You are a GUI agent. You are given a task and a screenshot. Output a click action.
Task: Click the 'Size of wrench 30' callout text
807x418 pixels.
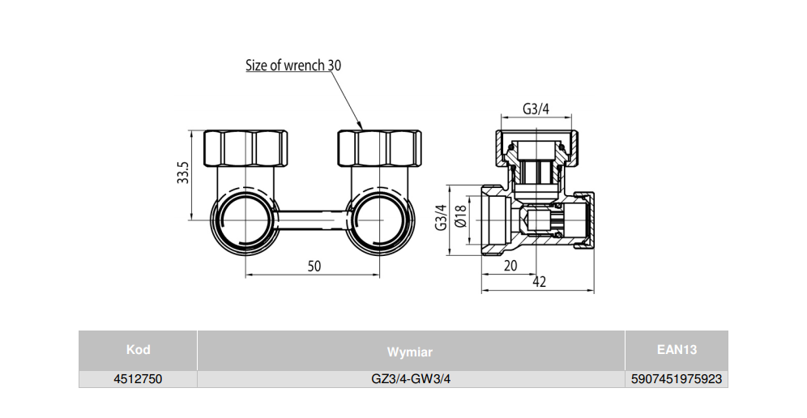(293, 66)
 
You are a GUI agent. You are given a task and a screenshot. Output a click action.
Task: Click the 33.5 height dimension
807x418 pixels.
(183, 174)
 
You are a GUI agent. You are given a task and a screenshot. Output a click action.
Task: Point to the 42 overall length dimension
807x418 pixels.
(539, 281)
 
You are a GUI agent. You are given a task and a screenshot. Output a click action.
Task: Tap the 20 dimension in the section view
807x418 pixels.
(510, 266)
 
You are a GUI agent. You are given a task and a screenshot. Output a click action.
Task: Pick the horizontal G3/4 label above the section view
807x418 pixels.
(536, 109)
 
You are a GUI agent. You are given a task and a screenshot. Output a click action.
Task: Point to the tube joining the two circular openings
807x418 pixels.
(312, 219)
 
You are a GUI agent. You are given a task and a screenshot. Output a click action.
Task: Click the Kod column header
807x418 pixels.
(138, 350)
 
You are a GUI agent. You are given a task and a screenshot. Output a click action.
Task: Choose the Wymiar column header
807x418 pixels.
(410, 352)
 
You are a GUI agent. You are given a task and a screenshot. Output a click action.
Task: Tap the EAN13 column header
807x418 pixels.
(677, 350)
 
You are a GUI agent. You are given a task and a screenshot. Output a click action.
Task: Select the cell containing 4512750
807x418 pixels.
(138, 378)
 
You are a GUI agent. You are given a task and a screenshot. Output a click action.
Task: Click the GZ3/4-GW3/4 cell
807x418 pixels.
(410, 378)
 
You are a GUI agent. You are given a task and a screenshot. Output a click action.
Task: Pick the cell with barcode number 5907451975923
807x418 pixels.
(677, 378)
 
